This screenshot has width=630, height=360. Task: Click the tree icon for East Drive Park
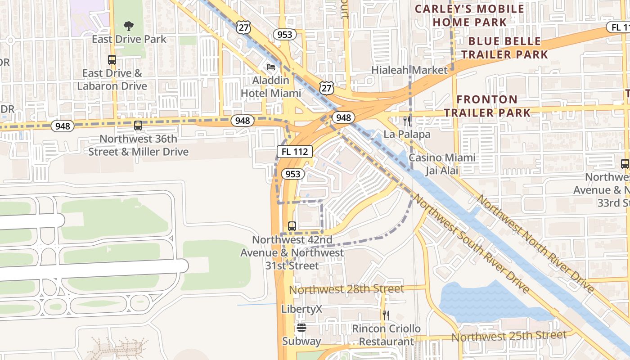pyautogui.click(x=129, y=26)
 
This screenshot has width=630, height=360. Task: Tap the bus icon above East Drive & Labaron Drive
pyautogui.click(x=112, y=59)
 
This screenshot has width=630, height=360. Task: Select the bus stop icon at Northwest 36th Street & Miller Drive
pyautogui.click(x=138, y=126)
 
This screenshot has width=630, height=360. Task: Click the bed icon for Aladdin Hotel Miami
pyautogui.click(x=271, y=67)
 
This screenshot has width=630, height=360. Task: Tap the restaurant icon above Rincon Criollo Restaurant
pyautogui.click(x=386, y=315)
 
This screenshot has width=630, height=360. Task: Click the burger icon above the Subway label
pyautogui.click(x=301, y=328)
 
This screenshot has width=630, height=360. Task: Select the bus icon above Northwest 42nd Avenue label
pyautogui.click(x=292, y=226)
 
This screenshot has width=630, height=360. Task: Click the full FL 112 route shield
pyautogui.click(x=294, y=152)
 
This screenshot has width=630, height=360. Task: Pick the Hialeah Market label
pyautogui.click(x=409, y=70)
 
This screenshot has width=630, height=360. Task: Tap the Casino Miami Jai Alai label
pyautogui.click(x=441, y=164)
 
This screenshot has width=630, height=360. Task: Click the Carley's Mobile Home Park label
pyautogui.click(x=469, y=15)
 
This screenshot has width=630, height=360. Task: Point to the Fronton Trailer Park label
pyautogui.click(x=487, y=106)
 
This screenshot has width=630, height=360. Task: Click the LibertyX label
pyautogui.click(x=302, y=309)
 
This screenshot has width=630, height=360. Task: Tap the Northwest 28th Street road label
pyautogui.click(x=346, y=289)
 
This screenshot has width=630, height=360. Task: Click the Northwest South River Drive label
pyautogui.click(x=470, y=243)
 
